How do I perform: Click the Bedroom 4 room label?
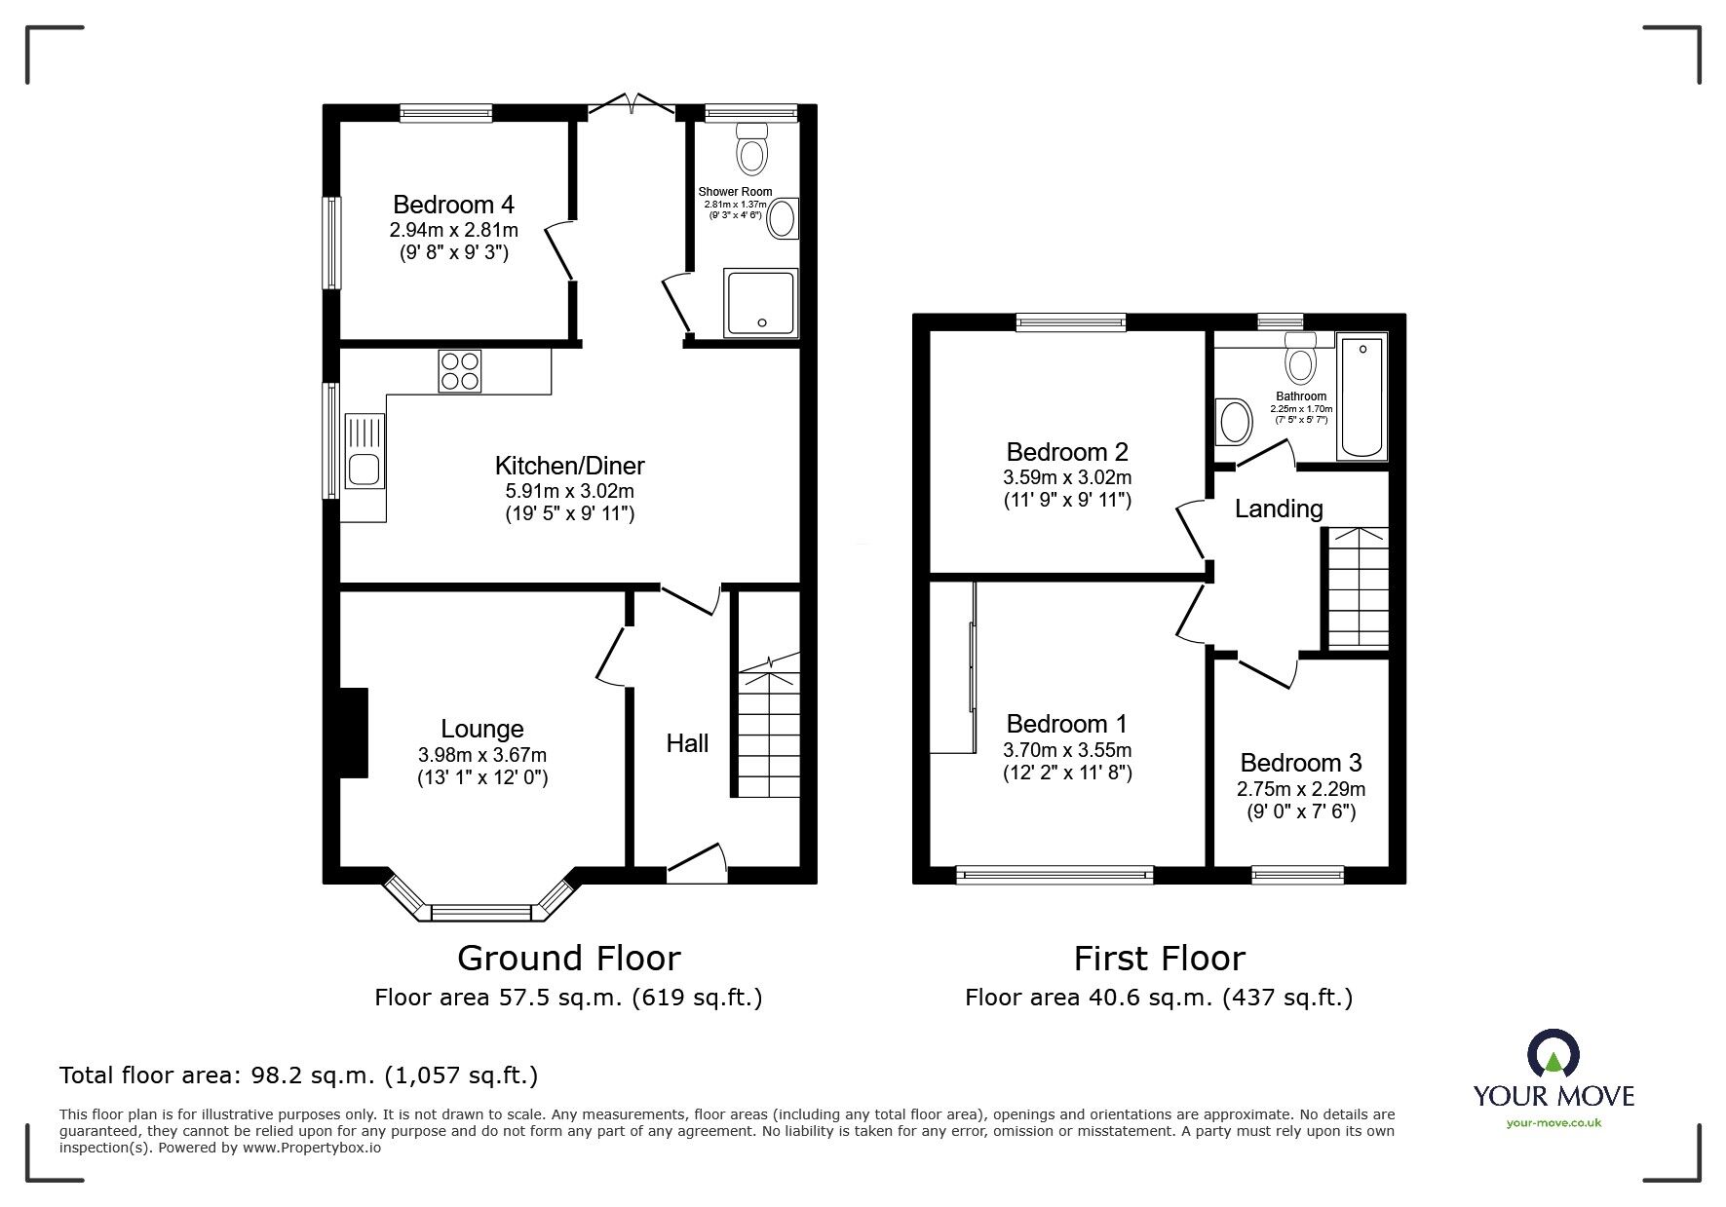coord(453,205)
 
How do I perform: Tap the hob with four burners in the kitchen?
coord(460,371)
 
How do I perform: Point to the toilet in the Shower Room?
coord(752,148)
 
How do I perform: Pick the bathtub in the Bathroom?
coord(1363,396)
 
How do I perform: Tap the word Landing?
coord(1279,509)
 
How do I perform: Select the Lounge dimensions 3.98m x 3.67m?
coord(482,755)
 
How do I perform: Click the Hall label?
coord(687,743)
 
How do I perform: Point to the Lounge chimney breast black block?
coord(353,733)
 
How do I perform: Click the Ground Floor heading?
coord(568,959)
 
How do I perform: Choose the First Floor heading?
coord(1159,959)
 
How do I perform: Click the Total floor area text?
coord(298,1075)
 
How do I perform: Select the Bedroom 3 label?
coord(1301,763)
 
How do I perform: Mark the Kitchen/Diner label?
coord(570,466)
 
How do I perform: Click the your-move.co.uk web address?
coord(1553,1123)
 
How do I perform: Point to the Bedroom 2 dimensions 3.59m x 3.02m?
coord(1067,478)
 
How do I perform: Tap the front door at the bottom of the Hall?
coord(698,863)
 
